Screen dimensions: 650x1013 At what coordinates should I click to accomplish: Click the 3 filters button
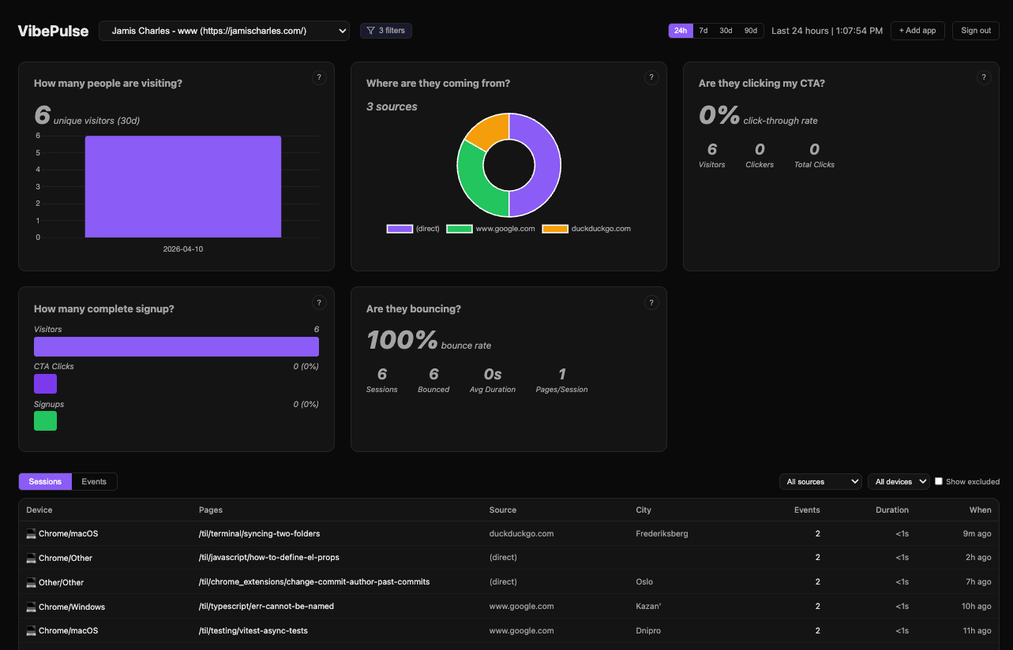point(386,31)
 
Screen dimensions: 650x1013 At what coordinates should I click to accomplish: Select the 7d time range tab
point(703,31)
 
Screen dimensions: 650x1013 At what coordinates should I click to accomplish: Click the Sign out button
point(975,31)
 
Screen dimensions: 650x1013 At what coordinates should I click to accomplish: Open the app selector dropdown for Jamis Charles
point(224,31)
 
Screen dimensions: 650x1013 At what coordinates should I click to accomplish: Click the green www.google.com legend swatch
point(460,229)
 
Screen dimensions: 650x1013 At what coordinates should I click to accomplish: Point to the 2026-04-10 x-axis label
point(183,249)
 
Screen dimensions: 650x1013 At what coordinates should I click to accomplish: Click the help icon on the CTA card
point(983,77)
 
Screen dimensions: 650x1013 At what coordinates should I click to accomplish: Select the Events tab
point(94,482)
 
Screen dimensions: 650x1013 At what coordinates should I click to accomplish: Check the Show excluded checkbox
point(939,481)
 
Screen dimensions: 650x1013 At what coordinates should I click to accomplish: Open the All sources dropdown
point(820,482)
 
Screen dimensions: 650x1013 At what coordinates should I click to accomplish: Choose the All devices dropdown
point(898,482)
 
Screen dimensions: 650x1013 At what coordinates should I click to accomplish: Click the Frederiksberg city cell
point(662,534)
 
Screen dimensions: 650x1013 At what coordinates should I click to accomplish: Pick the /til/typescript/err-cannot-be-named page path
point(266,607)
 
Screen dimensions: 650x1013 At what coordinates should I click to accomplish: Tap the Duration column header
point(891,510)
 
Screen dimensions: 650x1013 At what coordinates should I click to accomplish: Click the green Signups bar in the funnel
point(45,421)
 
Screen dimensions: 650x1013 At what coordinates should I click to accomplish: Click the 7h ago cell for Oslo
point(978,582)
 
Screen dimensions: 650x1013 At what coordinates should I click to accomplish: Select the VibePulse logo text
point(54,31)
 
